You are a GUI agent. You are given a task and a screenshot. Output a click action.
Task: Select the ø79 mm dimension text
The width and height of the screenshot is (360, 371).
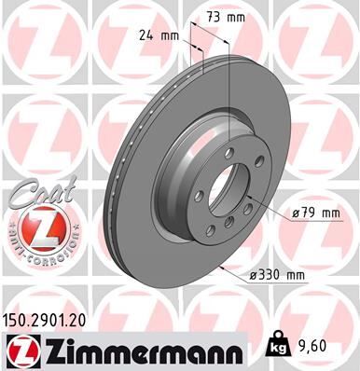click(313, 213)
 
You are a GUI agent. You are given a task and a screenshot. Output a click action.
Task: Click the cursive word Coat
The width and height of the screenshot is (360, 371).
click(35, 190)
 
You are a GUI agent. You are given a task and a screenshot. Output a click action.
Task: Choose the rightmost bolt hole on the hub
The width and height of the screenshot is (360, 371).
click(258, 191)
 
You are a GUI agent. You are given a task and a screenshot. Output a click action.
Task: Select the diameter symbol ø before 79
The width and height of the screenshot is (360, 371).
click(295, 213)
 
